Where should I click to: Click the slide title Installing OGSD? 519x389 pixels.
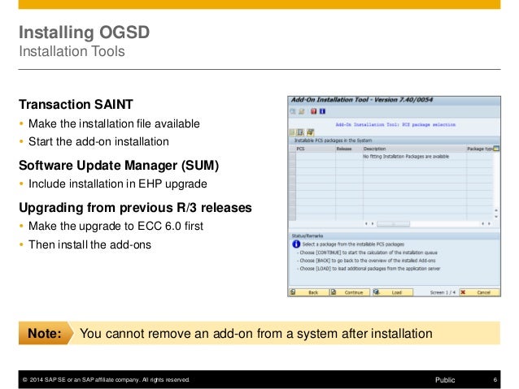(85, 35)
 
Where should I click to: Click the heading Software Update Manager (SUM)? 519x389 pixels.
(120, 166)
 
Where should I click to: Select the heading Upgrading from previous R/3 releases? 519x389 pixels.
(134, 207)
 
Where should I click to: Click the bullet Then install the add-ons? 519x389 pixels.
(89, 244)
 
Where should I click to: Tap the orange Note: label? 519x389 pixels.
(45, 333)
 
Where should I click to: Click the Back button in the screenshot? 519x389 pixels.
(308, 292)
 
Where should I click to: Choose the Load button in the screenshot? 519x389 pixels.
(392, 292)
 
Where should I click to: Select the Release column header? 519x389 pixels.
(344, 149)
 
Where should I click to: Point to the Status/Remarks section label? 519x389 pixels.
(310, 236)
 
